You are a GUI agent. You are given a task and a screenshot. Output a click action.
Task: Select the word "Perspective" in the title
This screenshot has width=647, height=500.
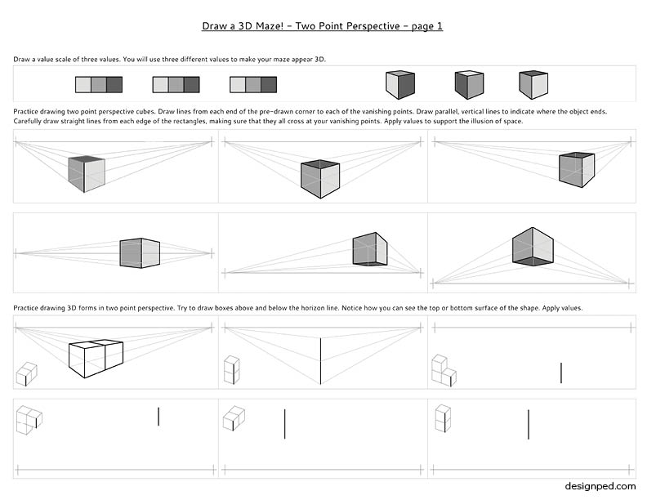372,26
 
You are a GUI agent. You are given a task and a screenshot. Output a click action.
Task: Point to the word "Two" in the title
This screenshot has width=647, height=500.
305,26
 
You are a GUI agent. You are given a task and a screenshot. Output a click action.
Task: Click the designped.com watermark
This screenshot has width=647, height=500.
600,486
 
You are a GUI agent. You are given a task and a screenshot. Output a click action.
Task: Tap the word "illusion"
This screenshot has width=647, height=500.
482,121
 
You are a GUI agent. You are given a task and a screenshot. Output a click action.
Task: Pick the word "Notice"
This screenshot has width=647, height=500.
351,308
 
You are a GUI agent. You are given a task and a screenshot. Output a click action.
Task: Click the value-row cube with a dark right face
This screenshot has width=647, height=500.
399,85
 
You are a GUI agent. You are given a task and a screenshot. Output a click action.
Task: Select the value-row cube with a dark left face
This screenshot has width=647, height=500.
469,85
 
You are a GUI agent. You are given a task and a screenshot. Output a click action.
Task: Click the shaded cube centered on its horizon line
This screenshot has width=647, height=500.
140,253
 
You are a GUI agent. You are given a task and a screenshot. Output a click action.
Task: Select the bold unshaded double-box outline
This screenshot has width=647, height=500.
96,359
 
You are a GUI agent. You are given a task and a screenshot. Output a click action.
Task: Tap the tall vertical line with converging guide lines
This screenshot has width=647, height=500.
320,361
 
